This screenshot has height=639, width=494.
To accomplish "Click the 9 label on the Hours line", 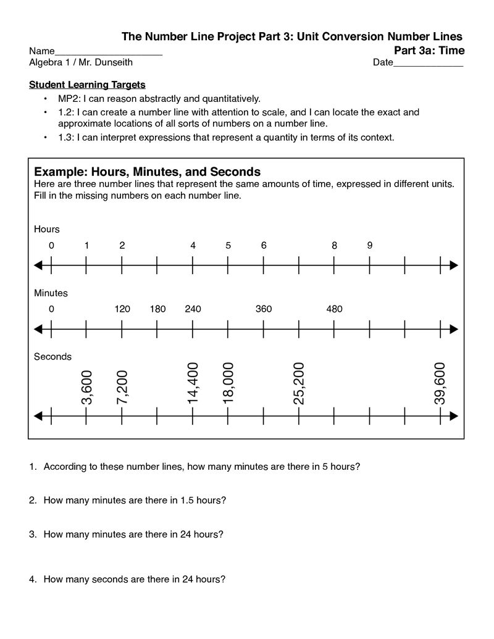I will point(369,245).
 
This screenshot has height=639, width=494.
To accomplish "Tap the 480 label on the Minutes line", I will point(334,309).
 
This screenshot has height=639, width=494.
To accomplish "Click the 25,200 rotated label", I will point(299,384).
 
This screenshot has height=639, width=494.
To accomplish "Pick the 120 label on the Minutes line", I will point(122,309).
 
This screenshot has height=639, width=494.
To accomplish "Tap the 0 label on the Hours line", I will point(51,245).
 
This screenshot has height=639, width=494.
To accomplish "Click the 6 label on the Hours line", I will point(264,245).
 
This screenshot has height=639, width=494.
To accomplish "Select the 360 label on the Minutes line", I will point(264,309).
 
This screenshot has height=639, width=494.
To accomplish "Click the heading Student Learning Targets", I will point(87,85).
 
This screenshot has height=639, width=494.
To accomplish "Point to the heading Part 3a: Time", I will point(429,50).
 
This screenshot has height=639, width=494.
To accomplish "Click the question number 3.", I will point(32,535).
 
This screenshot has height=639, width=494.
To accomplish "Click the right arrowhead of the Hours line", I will point(454,265).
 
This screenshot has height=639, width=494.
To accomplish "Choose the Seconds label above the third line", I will point(52,357).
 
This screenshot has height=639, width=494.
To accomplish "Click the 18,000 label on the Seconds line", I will point(228,384).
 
